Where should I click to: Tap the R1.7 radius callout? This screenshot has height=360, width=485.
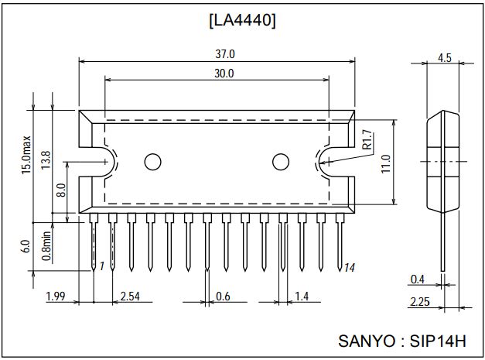(367, 139)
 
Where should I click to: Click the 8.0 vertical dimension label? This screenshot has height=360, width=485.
(61, 187)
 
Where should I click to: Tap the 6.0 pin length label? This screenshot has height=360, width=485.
(26, 245)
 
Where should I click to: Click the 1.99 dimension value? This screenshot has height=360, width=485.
(55, 297)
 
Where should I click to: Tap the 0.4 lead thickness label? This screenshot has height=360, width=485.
(417, 279)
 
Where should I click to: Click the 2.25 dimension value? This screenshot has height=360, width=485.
(418, 302)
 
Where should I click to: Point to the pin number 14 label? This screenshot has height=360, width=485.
(349, 267)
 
